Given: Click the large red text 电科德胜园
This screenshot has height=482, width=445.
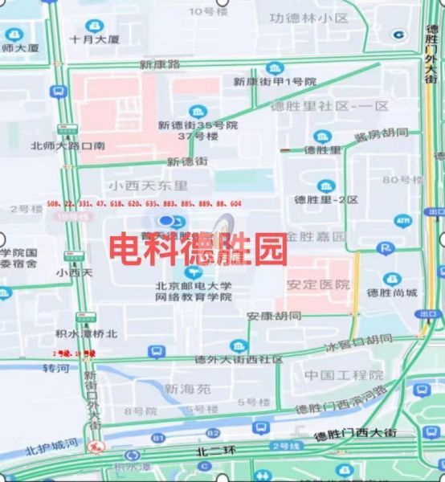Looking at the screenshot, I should click(x=198, y=251).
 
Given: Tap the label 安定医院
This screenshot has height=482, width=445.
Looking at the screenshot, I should click(x=319, y=285).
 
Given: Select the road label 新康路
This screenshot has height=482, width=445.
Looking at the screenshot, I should click(x=160, y=63).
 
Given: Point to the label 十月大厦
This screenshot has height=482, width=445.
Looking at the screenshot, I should click(x=94, y=38).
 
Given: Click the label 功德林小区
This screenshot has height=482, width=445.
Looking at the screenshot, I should click(x=308, y=18).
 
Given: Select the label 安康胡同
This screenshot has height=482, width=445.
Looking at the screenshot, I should click(x=274, y=316).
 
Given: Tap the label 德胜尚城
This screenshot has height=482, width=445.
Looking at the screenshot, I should click(x=390, y=292).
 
